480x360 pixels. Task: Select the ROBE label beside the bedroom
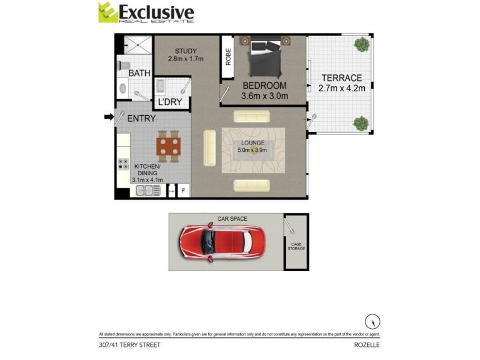227,57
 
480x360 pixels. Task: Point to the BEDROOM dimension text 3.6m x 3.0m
264,95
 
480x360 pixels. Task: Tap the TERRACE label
341,78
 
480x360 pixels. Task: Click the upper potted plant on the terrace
361,44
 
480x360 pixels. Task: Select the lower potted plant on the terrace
361,123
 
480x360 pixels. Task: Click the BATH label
139,74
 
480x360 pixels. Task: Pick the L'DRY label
169,102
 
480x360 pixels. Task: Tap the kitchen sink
144,191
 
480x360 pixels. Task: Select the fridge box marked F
184,192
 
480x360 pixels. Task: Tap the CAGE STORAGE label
296,246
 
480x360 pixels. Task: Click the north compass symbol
374,321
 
